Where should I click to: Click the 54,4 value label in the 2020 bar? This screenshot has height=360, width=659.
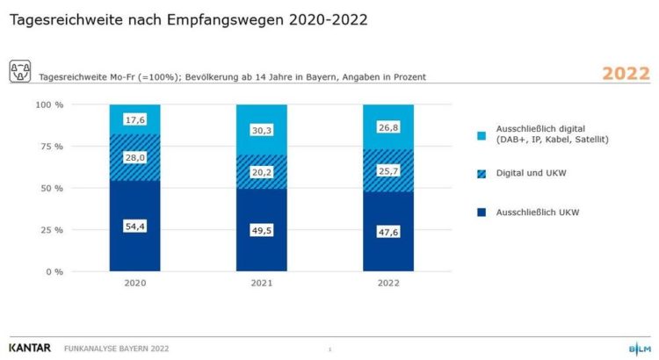135,227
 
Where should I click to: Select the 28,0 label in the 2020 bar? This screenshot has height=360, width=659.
135,156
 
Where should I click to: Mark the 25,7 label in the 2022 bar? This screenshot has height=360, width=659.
388,171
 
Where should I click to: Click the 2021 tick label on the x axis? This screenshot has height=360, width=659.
262,284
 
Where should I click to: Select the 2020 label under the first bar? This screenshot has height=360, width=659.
135,284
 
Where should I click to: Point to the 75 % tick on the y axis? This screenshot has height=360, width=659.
52,147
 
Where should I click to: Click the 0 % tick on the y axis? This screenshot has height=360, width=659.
55,272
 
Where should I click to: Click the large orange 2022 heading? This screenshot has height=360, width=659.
626,74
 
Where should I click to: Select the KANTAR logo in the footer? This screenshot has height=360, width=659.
30,348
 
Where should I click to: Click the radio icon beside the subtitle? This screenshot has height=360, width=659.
20,71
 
